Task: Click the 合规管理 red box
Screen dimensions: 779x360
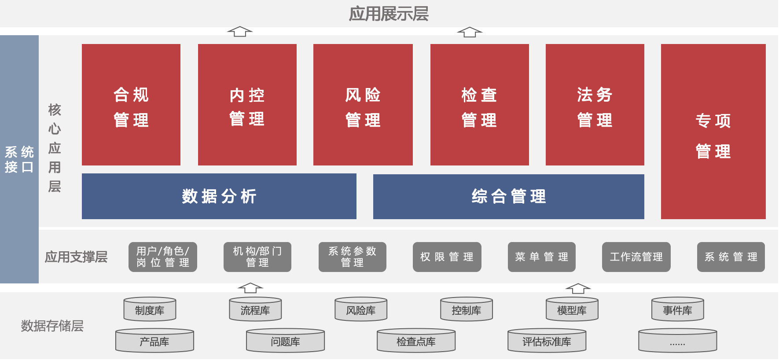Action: (x=131, y=105)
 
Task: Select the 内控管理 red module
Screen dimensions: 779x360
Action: (x=247, y=105)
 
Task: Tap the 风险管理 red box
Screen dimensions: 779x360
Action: (x=363, y=105)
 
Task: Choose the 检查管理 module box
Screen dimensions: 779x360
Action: (x=480, y=105)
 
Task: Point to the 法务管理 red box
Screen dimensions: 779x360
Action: (x=595, y=105)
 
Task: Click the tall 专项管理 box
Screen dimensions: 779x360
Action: (x=713, y=132)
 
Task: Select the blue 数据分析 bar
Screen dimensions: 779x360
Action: (x=219, y=196)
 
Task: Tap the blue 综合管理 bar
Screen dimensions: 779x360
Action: (x=509, y=197)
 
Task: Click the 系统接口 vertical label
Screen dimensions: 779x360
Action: (x=19, y=159)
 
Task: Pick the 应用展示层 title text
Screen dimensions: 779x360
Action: (x=389, y=14)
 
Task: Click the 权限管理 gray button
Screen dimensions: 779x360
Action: (x=447, y=257)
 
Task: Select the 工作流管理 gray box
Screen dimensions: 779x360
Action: (x=636, y=257)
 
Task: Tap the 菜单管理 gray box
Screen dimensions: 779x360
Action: (x=542, y=257)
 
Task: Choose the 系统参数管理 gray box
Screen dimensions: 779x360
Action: (x=353, y=257)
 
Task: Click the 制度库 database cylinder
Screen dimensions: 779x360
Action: (x=150, y=309)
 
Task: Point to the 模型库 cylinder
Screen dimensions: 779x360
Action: (x=572, y=309)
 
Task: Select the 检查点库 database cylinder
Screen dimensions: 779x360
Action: (x=416, y=341)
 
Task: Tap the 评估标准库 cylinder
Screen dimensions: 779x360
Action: (x=547, y=341)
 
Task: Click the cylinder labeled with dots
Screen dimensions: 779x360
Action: (x=678, y=341)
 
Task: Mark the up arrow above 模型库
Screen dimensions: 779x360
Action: (x=578, y=288)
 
